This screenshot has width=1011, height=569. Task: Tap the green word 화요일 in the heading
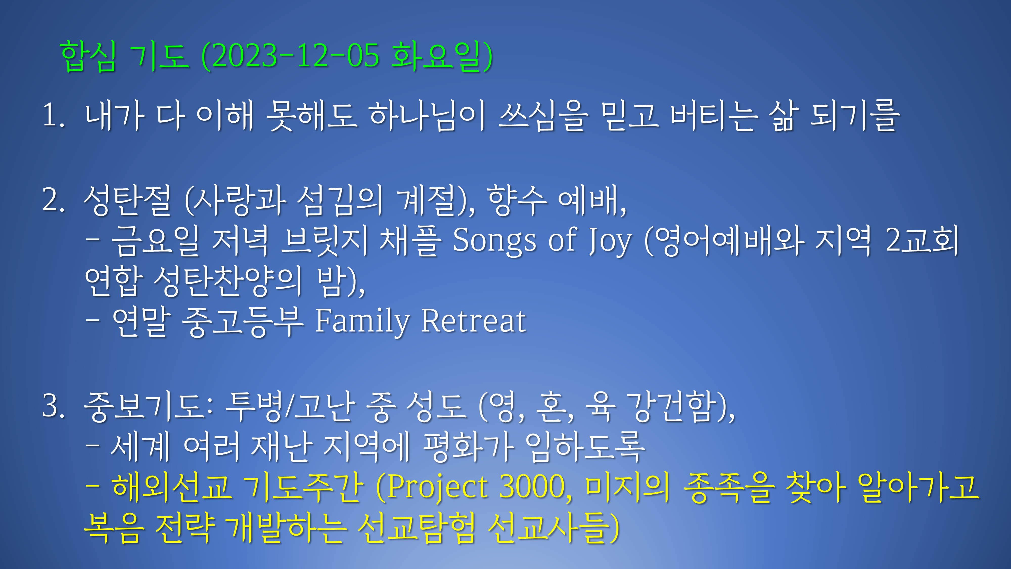tap(436, 56)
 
